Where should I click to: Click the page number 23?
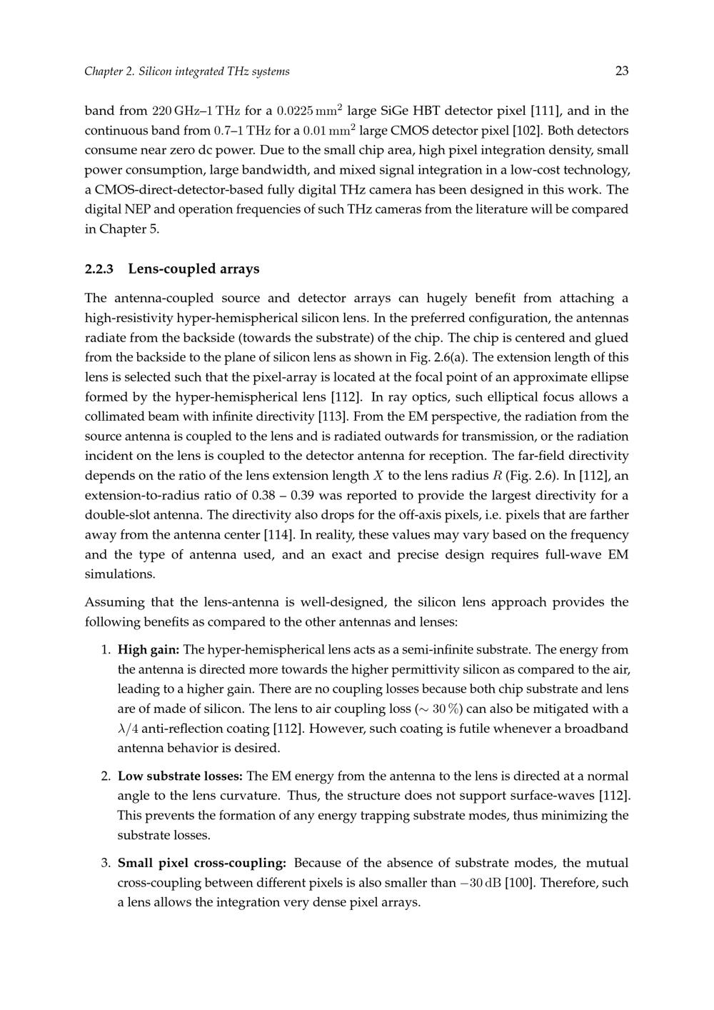pos(621,71)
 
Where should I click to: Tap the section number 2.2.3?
pos(99,269)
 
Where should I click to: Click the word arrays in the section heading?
pos(240,269)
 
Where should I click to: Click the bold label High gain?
pos(148,650)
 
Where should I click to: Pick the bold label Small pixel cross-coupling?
pos(202,863)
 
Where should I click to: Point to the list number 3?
pos(104,863)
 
